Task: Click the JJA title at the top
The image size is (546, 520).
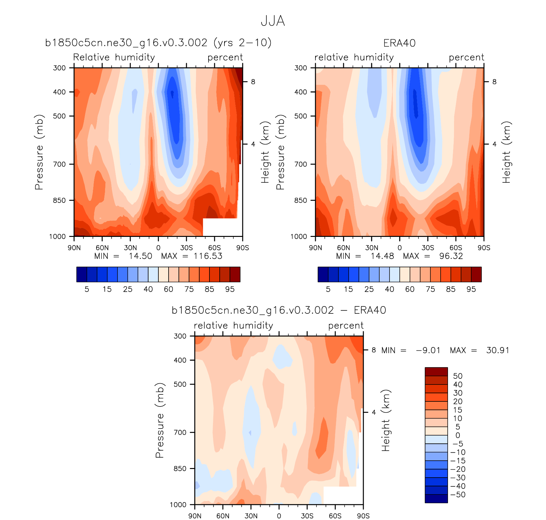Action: [273, 21]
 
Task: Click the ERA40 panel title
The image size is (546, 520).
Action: [399, 43]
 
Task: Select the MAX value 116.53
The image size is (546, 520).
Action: [208, 256]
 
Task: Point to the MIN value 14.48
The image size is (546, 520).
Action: [382, 256]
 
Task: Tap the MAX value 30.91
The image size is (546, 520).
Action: [498, 350]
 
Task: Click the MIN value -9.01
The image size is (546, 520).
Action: [428, 350]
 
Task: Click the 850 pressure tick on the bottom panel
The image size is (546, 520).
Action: [180, 469]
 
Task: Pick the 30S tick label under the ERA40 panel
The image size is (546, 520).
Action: [428, 248]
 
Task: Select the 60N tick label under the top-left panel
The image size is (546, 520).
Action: [102, 248]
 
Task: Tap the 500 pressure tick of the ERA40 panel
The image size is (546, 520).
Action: [300, 116]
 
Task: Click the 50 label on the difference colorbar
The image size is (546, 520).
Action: [458, 376]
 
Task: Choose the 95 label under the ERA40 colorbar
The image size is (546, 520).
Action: [471, 289]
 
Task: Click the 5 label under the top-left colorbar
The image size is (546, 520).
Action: [87, 289]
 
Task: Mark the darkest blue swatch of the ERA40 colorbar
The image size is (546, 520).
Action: [323, 275]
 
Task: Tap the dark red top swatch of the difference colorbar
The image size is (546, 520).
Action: [436, 371]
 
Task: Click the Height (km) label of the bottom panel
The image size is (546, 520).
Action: [386, 420]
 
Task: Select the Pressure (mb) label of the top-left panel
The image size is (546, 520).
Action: [39, 152]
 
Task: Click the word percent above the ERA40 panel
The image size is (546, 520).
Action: [466, 57]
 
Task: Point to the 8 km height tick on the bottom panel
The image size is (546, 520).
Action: [374, 350]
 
